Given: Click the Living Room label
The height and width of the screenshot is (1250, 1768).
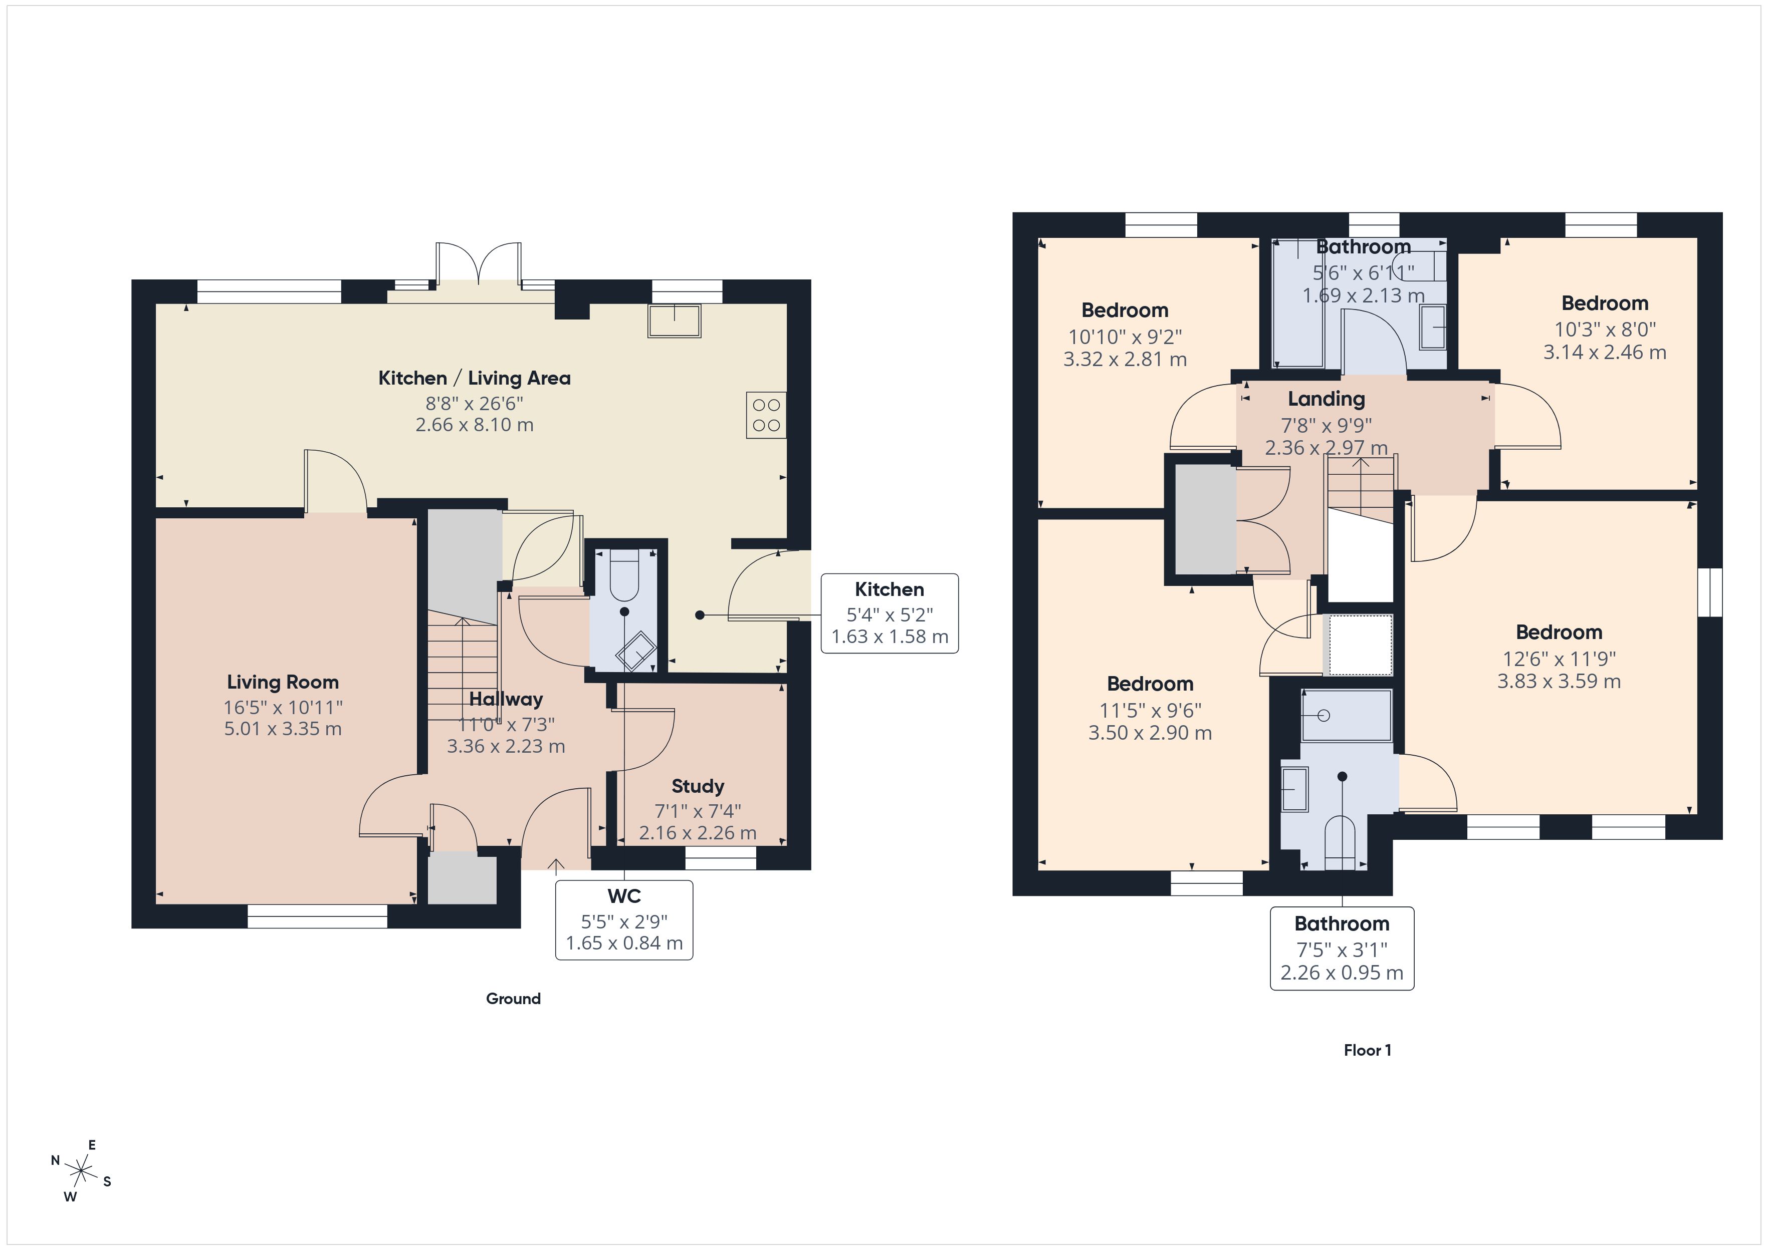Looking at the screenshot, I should (x=283, y=682).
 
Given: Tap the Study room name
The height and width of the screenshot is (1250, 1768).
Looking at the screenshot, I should (x=698, y=786).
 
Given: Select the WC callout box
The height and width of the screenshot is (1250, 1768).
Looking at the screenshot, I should (x=624, y=920).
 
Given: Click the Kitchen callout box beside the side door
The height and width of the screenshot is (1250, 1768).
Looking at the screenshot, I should (x=890, y=613).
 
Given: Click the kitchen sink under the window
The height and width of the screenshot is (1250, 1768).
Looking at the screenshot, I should (x=675, y=321).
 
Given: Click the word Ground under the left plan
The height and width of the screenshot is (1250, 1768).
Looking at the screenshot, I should (x=513, y=998).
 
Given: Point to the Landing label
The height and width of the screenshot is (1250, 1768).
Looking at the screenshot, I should (x=1326, y=399).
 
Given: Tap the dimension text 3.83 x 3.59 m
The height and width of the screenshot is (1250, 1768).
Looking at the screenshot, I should (x=1559, y=681).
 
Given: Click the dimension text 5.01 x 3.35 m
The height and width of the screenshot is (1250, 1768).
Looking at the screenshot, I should (x=283, y=729).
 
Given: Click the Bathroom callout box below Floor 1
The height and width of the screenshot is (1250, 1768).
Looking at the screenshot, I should (x=1342, y=949).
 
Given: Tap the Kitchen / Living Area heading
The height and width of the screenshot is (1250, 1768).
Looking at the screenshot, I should (x=475, y=378).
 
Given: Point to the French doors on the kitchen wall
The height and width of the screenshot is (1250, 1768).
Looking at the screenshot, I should (x=478, y=265).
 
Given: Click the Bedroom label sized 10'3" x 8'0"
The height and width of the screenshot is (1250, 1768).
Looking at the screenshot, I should (x=1605, y=303).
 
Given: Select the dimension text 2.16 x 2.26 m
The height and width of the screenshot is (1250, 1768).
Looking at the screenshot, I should (x=698, y=833).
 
